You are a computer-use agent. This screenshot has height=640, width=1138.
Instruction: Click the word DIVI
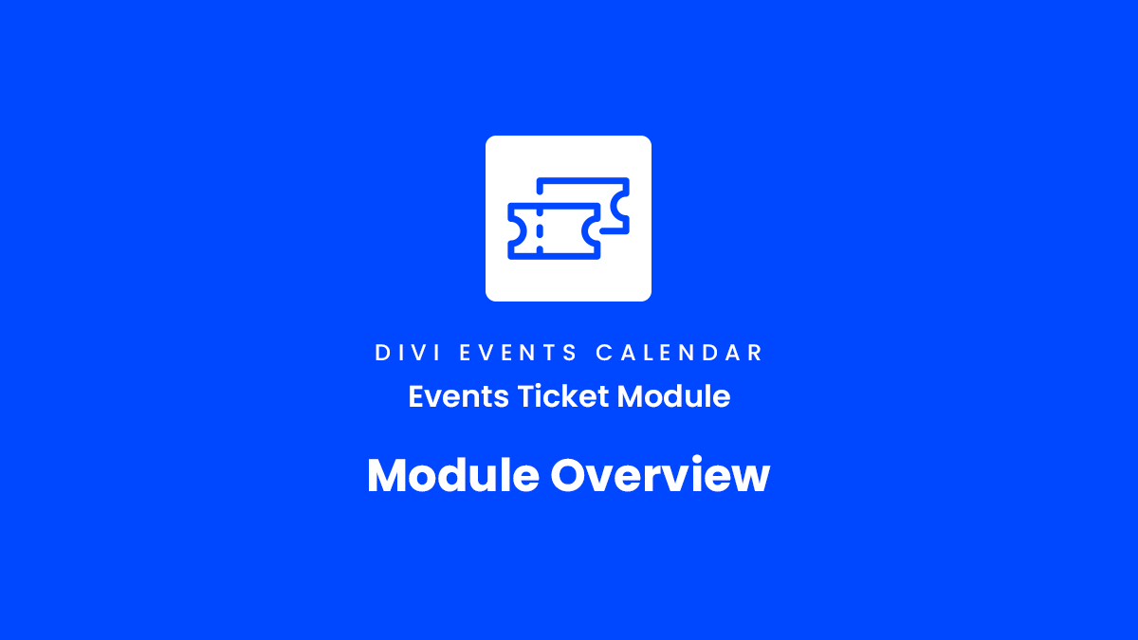pos(408,353)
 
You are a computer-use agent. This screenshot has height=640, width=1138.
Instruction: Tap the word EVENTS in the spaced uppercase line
pos(518,353)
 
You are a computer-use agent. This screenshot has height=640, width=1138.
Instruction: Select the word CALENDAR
pos(679,353)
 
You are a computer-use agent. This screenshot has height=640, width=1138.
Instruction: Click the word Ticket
pos(563,396)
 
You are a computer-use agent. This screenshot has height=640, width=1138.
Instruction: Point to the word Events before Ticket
pos(458,396)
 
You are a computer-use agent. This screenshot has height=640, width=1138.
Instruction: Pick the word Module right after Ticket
pos(673,396)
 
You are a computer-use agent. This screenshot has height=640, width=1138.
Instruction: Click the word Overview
pos(660,475)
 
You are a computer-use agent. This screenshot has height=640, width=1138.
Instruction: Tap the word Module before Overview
pos(453,475)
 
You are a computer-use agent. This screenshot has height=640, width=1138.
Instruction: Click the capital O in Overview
pos(570,475)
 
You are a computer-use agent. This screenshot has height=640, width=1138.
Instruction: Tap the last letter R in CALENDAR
pos(756,353)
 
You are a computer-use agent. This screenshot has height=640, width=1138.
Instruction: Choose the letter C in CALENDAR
pos(604,353)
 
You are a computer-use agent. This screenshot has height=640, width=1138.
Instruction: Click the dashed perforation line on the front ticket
pos(540,231)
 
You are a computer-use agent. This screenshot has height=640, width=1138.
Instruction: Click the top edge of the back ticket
pos(582,180)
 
